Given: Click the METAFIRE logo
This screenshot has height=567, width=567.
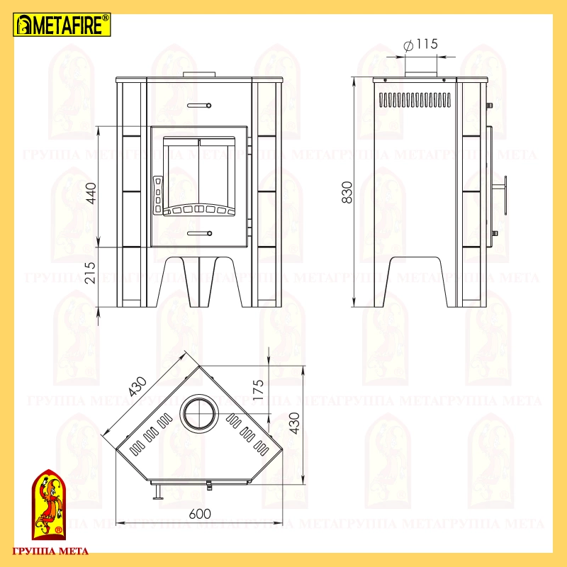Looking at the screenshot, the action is pyautogui.click(x=62, y=25).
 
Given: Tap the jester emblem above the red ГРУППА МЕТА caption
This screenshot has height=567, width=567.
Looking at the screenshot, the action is pyautogui.click(x=49, y=505).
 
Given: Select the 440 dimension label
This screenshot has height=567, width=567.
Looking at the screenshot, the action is pyautogui.click(x=91, y=193).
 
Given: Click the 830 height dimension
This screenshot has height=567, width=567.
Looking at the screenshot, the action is pyautogui.click(x=347, y=192).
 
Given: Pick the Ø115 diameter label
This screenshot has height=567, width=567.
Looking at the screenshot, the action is pyautogui.click(x=420, y=45).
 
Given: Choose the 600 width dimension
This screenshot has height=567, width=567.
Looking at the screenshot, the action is pyautogui.click(x=200, y=513).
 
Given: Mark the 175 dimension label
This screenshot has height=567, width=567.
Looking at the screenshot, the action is pyautogui.click(x=259, y=389).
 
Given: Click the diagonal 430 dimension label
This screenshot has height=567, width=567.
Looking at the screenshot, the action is pyautogui.click(x=137, y=386).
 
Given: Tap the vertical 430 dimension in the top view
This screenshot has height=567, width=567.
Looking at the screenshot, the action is pyautogui.click(x=295, y=423).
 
